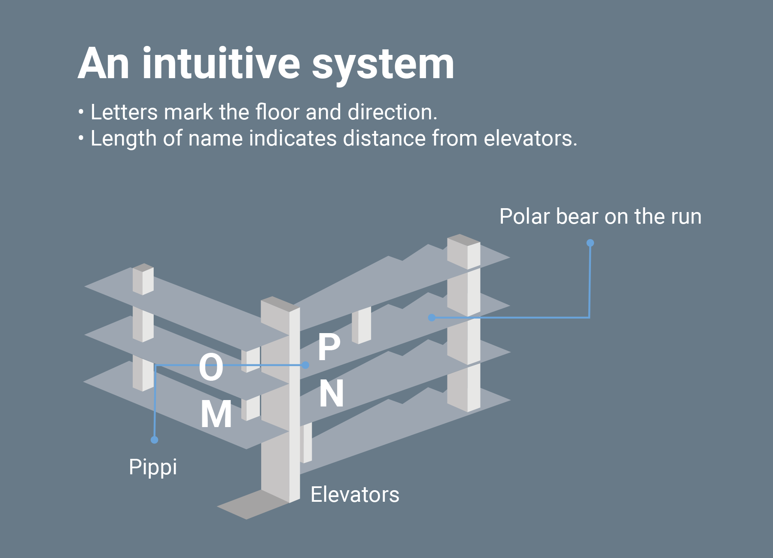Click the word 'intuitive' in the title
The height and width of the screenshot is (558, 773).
pos(221,64)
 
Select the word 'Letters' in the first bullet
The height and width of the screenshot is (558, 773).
pos(124,112)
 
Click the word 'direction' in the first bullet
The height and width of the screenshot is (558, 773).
pos(392,112)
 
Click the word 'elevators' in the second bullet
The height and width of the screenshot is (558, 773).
pos(530,139)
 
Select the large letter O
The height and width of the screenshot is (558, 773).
pos(211,367)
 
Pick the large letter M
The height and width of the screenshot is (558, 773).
pos(216,414)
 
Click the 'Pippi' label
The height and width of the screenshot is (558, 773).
pos(153,467)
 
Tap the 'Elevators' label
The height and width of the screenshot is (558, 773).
pos(355,494)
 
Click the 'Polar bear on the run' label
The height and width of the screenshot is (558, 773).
pos(600,216)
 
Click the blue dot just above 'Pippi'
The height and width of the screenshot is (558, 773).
pos(155,440)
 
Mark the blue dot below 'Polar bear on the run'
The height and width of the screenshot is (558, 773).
pos(590,243)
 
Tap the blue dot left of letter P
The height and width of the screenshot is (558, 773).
pos(305,365)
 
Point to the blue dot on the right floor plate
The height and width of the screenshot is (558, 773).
pos(432,318)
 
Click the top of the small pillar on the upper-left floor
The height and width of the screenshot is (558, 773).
pos(143,267)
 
